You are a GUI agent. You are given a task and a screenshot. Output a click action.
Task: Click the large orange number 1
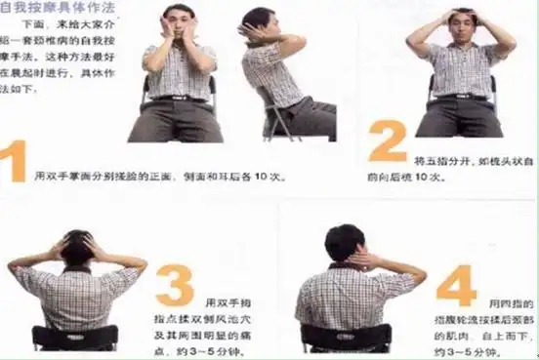coord(13,161)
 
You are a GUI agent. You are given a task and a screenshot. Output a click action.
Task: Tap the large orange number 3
coord(175,287)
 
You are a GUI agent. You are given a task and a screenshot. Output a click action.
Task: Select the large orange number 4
coord(455,283)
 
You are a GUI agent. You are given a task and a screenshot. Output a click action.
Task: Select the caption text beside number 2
coord(454,168)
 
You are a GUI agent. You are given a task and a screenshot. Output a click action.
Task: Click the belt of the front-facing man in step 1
coord(177,98)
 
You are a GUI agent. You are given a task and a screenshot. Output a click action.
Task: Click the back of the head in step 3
coord(77,252)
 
